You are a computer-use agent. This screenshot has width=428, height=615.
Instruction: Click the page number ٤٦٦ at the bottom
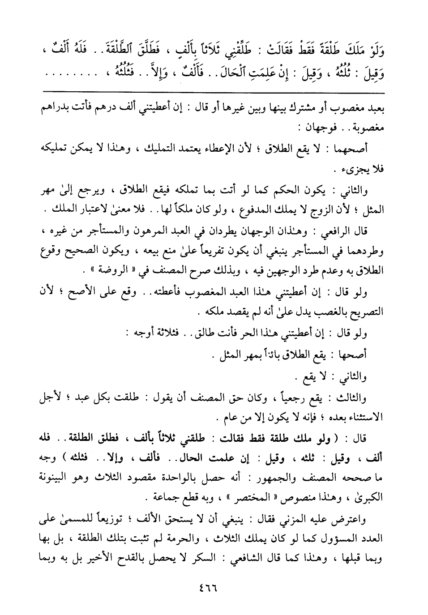tap(214, 587)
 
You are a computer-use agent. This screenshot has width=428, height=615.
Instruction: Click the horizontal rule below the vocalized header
tap(214, 92)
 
